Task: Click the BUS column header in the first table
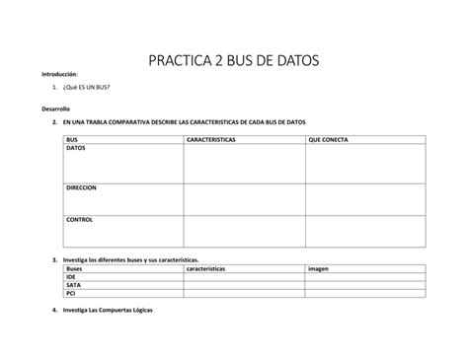point(72,140)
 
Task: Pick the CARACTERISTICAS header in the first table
point(210,140)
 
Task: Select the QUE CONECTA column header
point(328,140)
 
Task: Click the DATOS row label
point(77,148)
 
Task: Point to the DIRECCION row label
point(82,187)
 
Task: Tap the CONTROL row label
point(80,219)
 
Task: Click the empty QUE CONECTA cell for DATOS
point(364,164)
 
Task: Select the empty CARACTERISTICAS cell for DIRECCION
point(244,198)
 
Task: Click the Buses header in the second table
point(75,268)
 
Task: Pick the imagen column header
point(318,268)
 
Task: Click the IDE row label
point(71,277)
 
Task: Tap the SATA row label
point(73,285)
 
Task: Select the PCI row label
point(70,293)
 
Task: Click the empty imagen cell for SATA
point(364,285)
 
